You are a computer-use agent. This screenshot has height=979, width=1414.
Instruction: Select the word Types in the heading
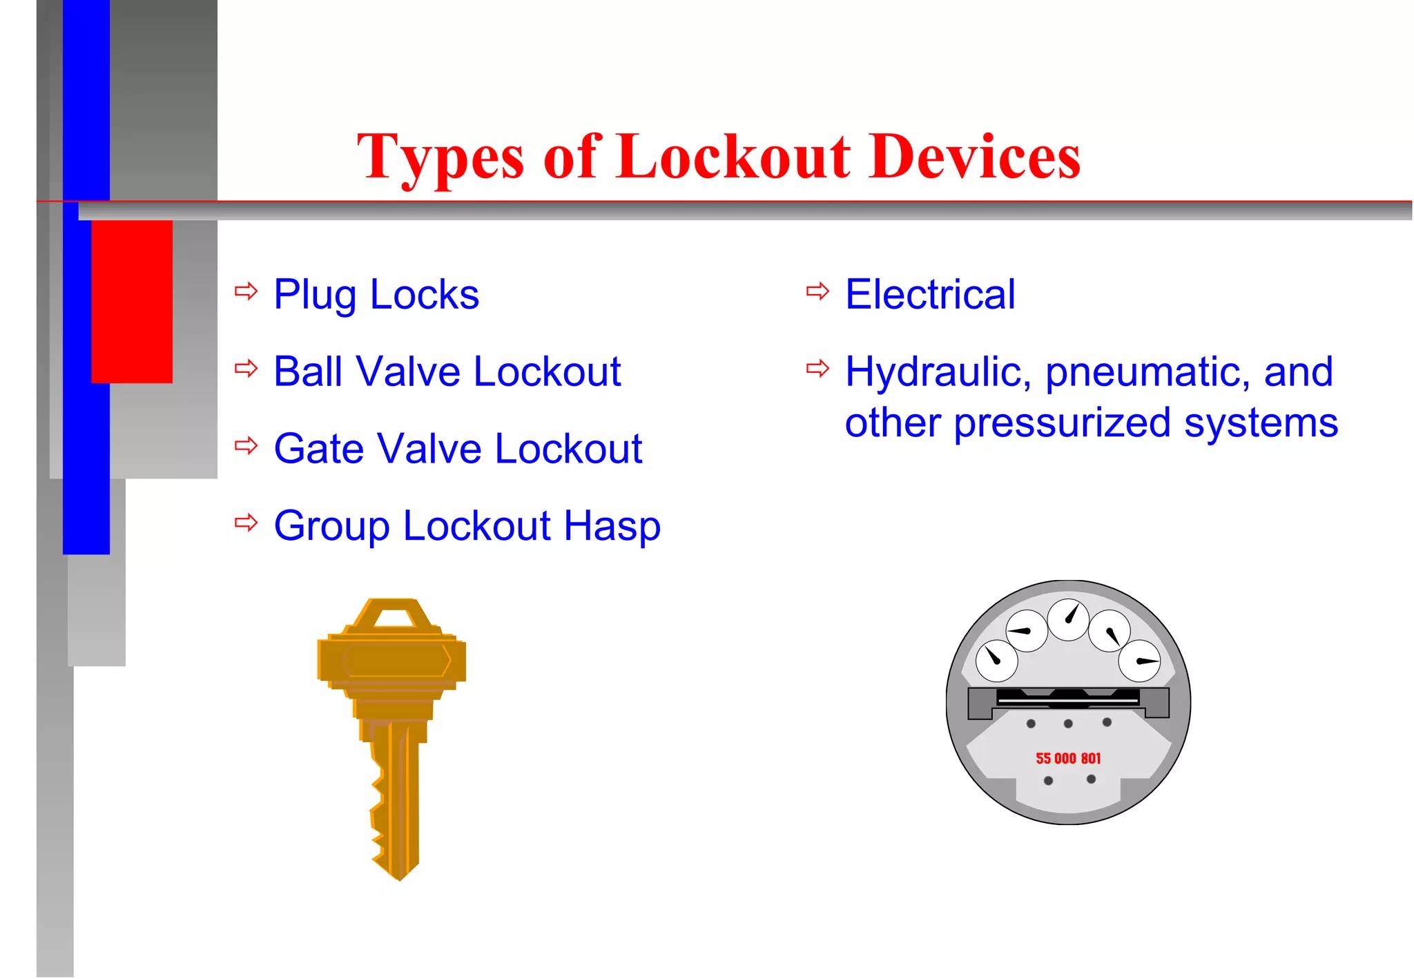click(440, 159)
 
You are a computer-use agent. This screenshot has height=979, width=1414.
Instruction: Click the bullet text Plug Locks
click(376, 295)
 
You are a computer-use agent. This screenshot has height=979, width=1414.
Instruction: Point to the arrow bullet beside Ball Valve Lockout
click(246, 368)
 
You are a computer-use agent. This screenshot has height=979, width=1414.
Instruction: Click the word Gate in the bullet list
click(318, 449)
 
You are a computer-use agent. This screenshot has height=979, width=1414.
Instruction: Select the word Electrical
click(930, 295)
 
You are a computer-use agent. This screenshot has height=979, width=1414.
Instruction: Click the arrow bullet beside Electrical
click(817, 291)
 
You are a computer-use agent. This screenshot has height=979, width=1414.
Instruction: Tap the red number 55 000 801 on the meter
click(1068, 759)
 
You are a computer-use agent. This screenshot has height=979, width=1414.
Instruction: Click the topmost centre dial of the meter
click(1068, 619)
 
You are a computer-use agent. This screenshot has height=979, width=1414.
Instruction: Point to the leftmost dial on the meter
click(996, 660)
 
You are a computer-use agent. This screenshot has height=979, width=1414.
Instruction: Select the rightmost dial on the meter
click(1139, 661)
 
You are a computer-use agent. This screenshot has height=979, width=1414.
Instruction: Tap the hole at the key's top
click(394, 616)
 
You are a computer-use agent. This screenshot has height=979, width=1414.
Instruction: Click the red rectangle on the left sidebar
click(132, 302)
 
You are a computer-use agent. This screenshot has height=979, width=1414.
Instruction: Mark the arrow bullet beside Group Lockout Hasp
click(246, 523)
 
